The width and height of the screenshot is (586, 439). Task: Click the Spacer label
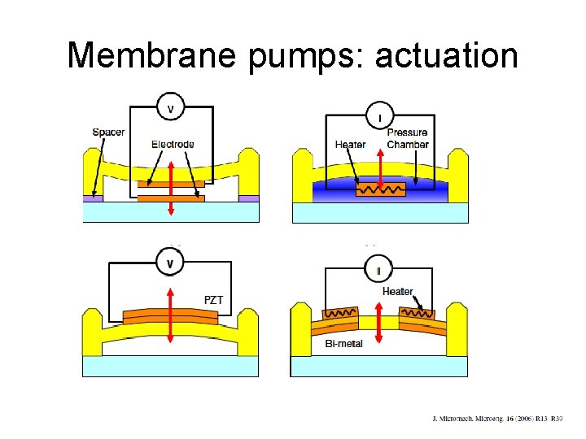[108, 133]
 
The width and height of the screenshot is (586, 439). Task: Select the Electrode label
[173, 145]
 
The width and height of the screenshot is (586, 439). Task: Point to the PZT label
[213, 300]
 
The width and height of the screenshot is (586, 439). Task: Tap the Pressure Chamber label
[407, 138]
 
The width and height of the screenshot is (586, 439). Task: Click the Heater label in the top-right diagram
[350, 145]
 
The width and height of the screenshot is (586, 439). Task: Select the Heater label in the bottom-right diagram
[397, 291]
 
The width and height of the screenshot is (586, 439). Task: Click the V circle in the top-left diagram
[171, 107]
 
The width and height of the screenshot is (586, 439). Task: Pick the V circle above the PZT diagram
[171, 263]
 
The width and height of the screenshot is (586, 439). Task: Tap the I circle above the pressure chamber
[379, 116]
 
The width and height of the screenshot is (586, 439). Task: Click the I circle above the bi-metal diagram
[379, 269]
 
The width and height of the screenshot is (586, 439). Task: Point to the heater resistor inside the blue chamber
[380, 189]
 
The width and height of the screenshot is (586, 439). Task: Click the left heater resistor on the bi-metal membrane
[340, 313]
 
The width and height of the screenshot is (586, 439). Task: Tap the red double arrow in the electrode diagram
[170, 188]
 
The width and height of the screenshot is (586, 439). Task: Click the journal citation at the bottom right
[496, 419]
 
